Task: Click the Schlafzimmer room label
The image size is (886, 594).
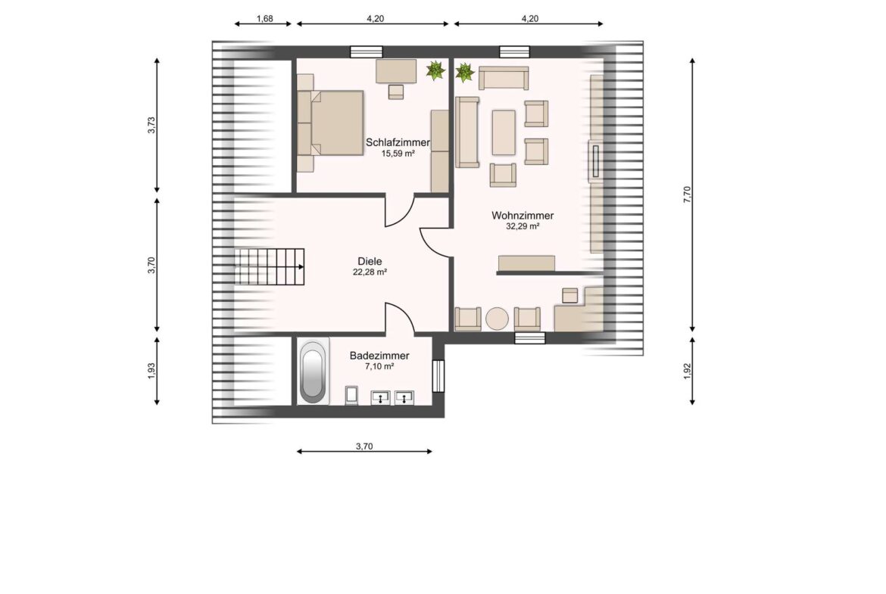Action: point(398,143)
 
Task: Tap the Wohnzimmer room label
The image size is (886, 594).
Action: point(522,216)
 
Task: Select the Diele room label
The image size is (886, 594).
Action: point(370,261)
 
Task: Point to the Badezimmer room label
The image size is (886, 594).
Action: point(379,356)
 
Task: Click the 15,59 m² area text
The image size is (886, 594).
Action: point(398,154)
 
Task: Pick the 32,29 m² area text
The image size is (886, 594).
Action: point(522,226)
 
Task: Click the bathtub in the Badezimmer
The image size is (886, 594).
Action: point(313,372)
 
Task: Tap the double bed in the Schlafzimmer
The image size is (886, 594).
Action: point(335,123)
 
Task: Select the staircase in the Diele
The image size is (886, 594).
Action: point(269,266)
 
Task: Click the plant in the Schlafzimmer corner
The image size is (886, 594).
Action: point(435,70)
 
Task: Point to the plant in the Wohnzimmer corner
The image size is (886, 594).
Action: point(464,73)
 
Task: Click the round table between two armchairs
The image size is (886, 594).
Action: point(498,319)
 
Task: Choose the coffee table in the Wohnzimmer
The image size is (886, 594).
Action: point(504,132)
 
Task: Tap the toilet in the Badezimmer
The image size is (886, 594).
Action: point(351,395)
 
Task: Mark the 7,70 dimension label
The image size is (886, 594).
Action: point(687,194)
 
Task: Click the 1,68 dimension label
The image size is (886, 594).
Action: point(264,19)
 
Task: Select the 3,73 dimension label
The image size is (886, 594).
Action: point(151,126)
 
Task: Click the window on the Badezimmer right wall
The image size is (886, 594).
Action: point(438,375)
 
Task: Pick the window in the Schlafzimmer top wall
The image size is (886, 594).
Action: point(367,52)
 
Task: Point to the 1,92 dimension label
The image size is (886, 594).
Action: point(687,371)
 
